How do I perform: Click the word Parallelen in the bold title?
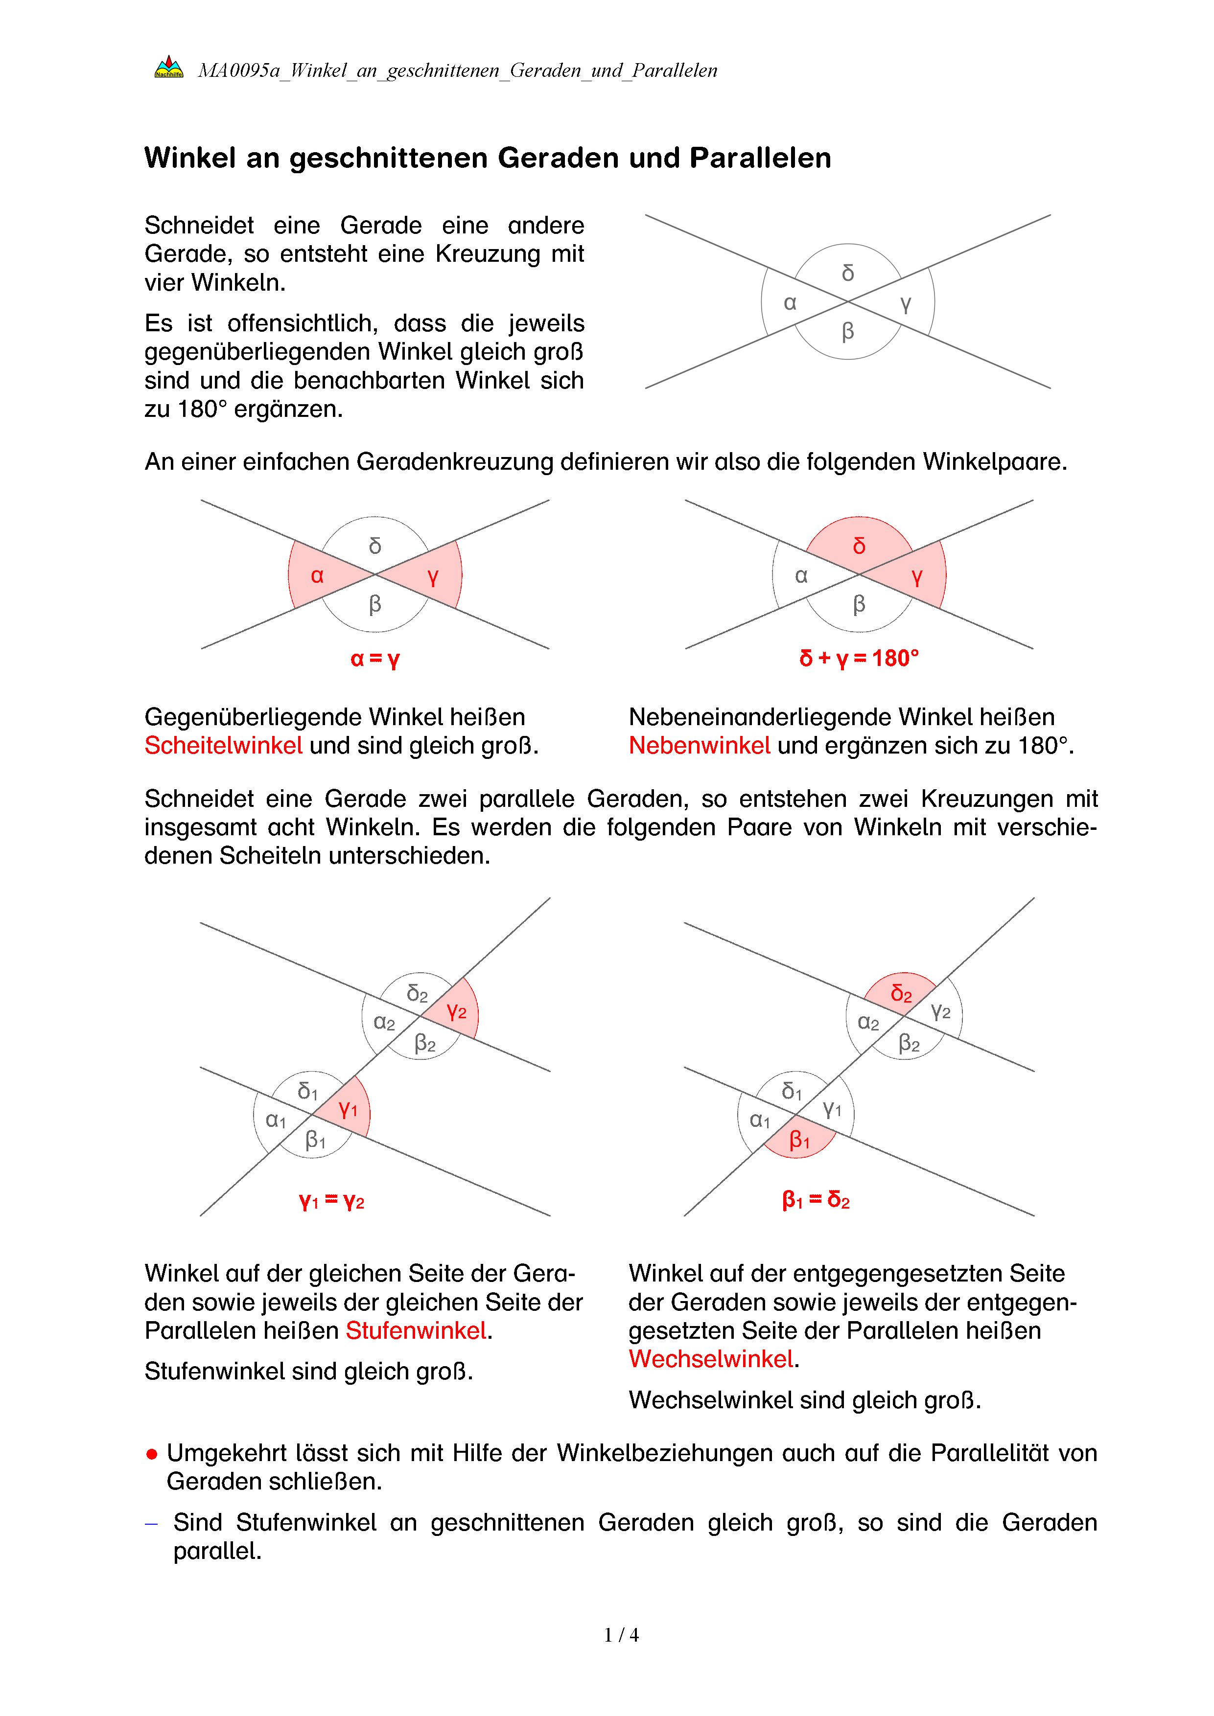pos(760,159)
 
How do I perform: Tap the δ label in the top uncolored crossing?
pos(848,273)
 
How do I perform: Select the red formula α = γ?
pos(375,659)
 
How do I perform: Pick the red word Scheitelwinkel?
pos(224,746)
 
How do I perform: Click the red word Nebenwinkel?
pos(700,746)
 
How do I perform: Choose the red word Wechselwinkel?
pos(711,1359)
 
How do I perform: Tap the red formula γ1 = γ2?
pos(332,1202)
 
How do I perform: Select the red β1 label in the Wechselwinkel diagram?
pos(799,1140)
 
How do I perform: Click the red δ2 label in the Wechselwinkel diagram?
pos(902,994)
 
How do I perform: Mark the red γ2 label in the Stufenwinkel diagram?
pos(457,1012)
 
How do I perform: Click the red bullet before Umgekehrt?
pos(152,1454)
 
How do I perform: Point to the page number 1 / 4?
pos(621,1635)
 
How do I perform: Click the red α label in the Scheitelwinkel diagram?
pos(317,575)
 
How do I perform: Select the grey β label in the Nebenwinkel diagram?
pos(859,604)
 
